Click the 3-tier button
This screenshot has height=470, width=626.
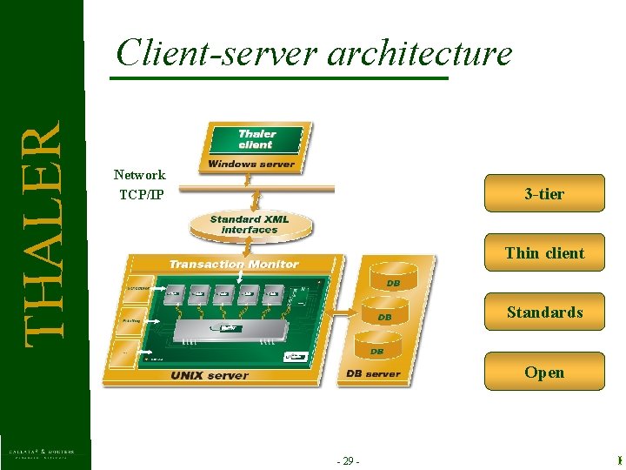[x=544, y=193]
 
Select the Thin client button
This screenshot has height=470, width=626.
[x=544, y=252]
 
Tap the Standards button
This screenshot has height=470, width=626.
[x=544, y=312]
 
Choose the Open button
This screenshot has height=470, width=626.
[x=544, y=372]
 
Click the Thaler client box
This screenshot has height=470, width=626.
[x=256, y=139]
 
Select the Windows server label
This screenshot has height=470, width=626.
[x=251, y=164]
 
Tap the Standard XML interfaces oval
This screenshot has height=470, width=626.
[x=249, y=225]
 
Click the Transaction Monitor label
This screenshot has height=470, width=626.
[x=233, y=264]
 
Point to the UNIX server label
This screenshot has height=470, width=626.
[x=209, y=375]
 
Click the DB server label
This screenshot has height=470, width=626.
[x=373, y=373]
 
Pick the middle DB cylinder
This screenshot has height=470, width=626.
[x=384, y=317]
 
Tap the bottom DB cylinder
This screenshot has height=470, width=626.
[x=377, y=351]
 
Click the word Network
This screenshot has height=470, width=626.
[x=140, y=175]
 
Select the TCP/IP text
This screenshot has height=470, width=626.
[x=141, y=193]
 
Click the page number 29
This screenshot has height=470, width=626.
[x=347, y=460]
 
